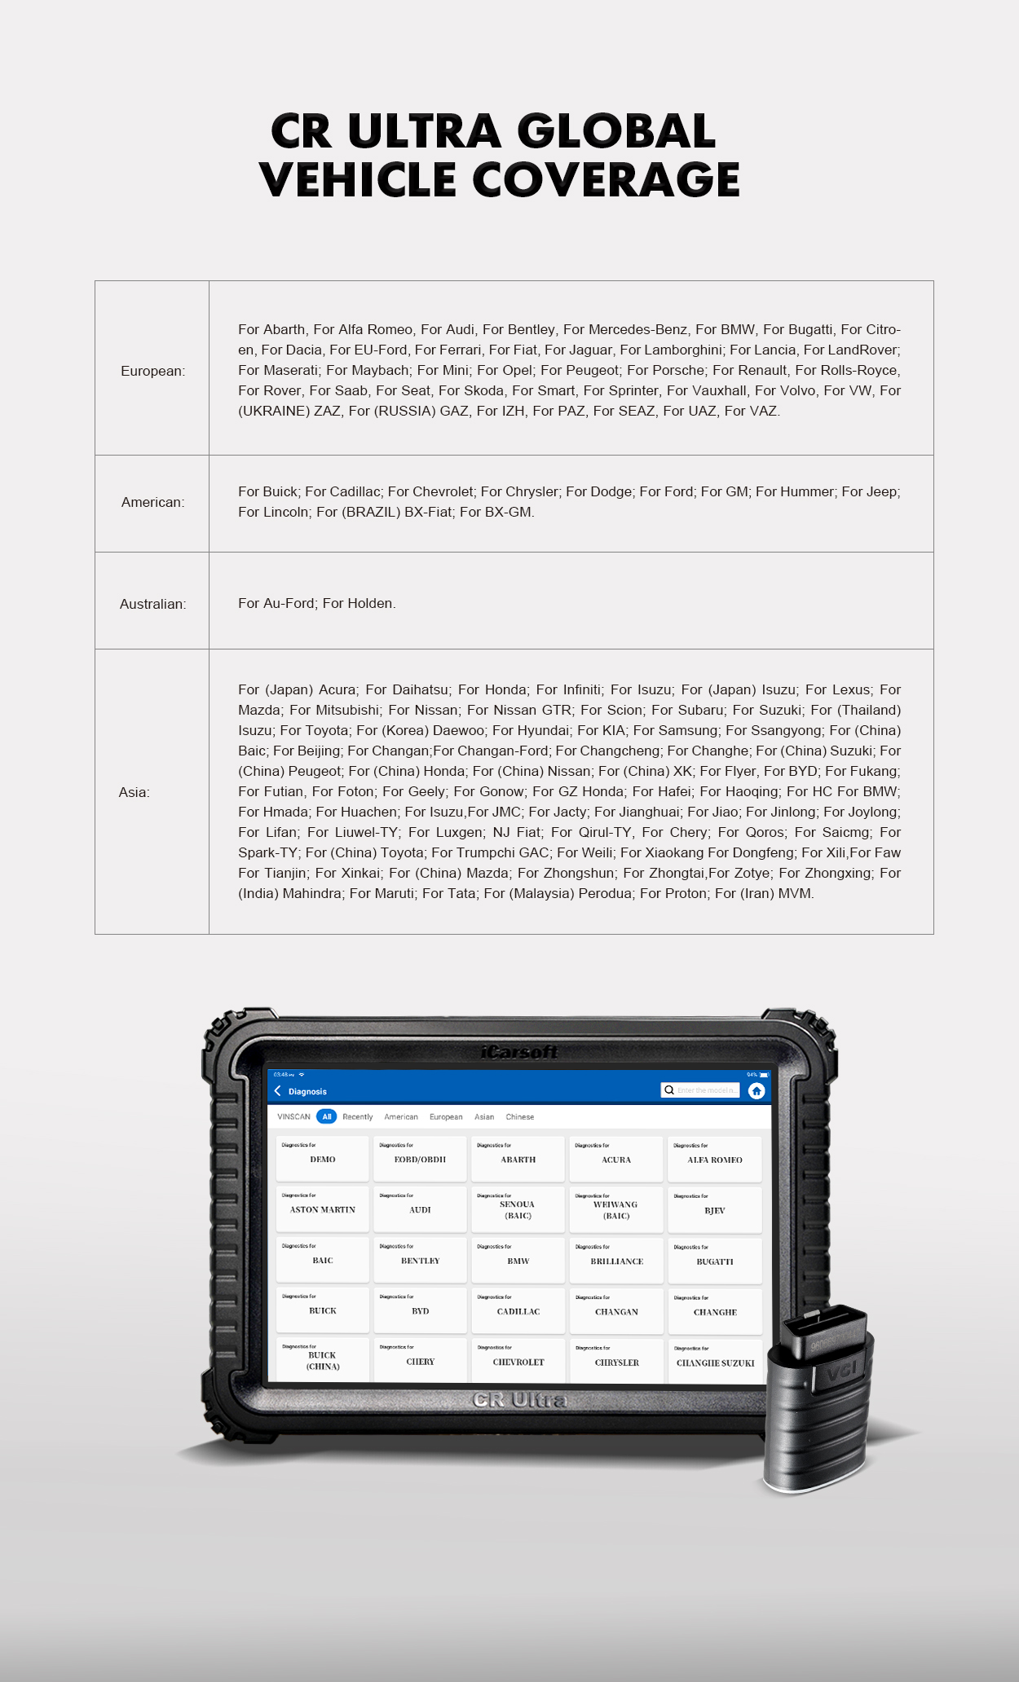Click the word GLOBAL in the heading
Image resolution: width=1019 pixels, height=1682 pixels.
tap(616, 131)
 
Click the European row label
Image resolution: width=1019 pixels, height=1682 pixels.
tap(152, 371)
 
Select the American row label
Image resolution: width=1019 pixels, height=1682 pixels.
tap(152, 502)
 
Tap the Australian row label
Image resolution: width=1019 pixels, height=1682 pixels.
tap(152, 604)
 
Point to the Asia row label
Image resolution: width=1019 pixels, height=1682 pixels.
tap(135, 792)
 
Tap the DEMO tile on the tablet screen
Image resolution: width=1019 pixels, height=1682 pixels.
tap(322, 1158)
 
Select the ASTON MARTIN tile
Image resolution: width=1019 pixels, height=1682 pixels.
tap(322, 1209)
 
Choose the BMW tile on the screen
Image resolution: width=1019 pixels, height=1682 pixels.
tap(518, 1260)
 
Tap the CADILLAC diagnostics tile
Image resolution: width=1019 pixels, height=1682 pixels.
tap(518, 1310)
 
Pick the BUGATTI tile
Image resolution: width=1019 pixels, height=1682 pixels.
tap(714, 1261)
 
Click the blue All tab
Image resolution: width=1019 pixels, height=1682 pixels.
tap(326, 1116)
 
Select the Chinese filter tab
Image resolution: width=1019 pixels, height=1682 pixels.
tap(519, 1116)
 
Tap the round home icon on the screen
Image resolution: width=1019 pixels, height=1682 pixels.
tap(757, 1091)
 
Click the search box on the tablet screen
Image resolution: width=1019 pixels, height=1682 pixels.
tap(701, 1090)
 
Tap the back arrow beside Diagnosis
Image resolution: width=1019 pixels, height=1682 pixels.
tap(278, 1091)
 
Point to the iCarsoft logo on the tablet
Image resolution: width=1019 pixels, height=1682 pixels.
tap(519, 1052)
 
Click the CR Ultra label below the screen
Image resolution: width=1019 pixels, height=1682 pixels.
tap(519, 1400)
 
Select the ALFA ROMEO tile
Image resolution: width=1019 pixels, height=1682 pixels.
tap(714, 1159)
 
